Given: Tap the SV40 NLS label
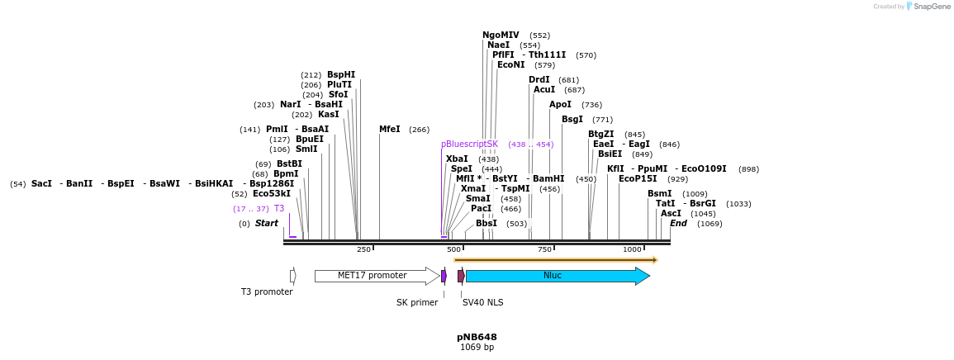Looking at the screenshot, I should pyautogui.click(x=482, y=302).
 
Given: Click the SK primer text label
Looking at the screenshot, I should pyautogui.click(x=417, y=302).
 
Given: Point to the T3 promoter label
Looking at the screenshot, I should pyautogui.click(x=267, y=291).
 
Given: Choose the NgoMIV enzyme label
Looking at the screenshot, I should pyautogui.click(x=501, y=36).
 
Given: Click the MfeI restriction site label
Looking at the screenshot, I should pyautogui.click(x=389, y=130).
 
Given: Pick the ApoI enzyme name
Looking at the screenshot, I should pyautogui.click(x=560, y=105).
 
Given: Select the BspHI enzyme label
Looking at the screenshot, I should pyautogui.click(x=340, y=75).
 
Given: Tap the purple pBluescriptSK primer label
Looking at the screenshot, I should pyautogui.click(x=469, y=144).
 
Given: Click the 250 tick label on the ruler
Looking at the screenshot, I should pyautogui.click(x=363, y=249).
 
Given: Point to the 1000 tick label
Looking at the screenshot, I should pyautogui.click(x=632, y=249).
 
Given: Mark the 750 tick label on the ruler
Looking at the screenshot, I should pyautogui.click(x=544, y=249).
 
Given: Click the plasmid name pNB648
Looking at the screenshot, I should pyautogui.click(x=477, y=337).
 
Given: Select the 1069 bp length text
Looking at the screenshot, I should pyautogui.click(x=477, y=348).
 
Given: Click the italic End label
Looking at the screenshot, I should pyautogui.click(x=678, y=224).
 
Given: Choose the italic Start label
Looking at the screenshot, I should pyautogui.click(x=266, y=224).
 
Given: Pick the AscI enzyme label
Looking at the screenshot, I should pyautogui.click(x=671, y=214).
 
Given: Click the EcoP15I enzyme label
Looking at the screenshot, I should pyautogui.click(x=638, y=179).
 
